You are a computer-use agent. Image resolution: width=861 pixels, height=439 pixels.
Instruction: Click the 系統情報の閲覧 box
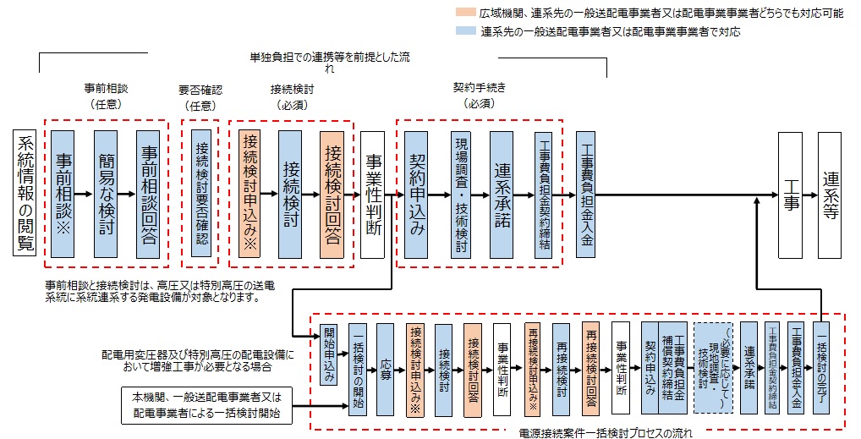26,193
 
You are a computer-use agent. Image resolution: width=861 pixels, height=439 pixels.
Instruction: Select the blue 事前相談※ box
64,194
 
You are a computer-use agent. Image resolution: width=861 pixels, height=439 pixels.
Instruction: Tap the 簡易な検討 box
106,194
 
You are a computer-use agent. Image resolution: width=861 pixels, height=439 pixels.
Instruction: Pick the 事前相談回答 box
149,194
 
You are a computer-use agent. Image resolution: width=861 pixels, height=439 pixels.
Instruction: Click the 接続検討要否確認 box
201,194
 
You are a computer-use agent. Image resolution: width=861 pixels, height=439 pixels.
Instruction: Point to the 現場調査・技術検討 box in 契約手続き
461,194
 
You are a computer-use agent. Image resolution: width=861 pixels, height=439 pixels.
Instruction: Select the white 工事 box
792,194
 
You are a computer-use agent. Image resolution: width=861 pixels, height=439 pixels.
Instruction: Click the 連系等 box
831,194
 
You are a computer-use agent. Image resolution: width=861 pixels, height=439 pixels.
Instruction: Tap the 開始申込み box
329,356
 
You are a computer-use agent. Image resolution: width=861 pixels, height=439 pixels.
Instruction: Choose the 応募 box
386,370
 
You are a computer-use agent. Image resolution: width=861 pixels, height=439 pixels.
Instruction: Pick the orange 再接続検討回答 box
590,370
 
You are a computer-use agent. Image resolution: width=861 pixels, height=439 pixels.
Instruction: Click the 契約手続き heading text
479,87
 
